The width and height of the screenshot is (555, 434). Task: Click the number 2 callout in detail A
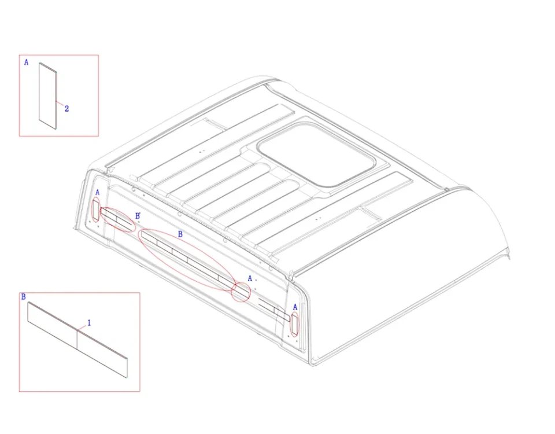pyautogui.click(x=66, y=109)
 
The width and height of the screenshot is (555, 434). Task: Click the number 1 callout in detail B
pyautogui.click(x=89, y=323)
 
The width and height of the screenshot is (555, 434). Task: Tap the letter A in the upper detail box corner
pyautogui.click(x=26, y=62)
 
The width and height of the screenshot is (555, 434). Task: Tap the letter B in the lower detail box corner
pyautogui.click(x=24, y=296)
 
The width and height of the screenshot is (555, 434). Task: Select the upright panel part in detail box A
pyautogui.click(x=48, y=95)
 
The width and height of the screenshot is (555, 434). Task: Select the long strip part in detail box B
pyautogui.click(x=77, y=340)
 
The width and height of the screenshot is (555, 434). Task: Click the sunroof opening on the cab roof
pyautogui.click(x=316, y=154)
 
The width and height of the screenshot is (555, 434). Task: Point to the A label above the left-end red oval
pyautogui.click(x=98, y=193)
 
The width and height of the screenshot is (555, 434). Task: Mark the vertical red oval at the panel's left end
pyautogui.click(x=95, y=210)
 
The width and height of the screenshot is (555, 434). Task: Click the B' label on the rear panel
pyautogui.click(x=138, y=216)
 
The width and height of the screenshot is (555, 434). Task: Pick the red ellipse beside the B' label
pyautogui.click(x=117, y=219)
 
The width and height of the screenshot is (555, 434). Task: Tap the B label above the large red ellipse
pyautogui.click(x=180, y=234)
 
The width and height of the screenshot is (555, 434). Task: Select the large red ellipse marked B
pyautogui.click(x=187, y=260)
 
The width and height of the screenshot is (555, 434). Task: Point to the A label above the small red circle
pyautogui.click(x=250, y=278)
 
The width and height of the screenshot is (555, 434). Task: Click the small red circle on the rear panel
pyautogui.click(x=240, y=292)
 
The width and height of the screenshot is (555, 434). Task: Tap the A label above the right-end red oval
pyautogui.click(x=295, y=307)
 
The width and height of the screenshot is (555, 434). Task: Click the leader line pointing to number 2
pyautogui.click(x=60, y=104)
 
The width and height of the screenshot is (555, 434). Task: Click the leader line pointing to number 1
pyautogui.click(x=82, y=328)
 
